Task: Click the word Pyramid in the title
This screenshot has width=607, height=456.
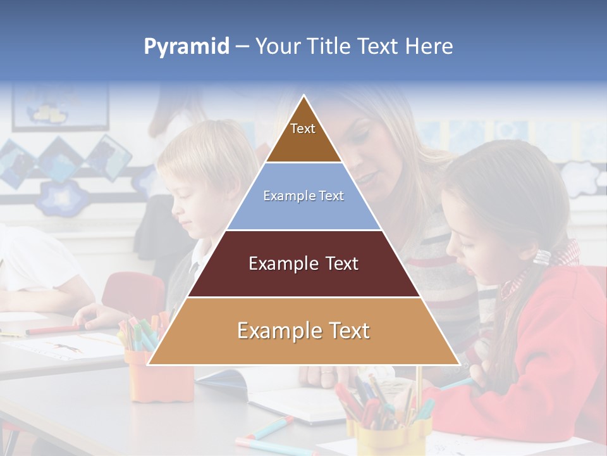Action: tap(186, 47)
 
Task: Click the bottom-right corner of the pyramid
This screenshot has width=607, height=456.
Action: tap(458, 364)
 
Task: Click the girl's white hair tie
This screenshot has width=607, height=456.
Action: tap(542, 257)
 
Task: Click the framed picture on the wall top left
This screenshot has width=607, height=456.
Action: tap(60, 108)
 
